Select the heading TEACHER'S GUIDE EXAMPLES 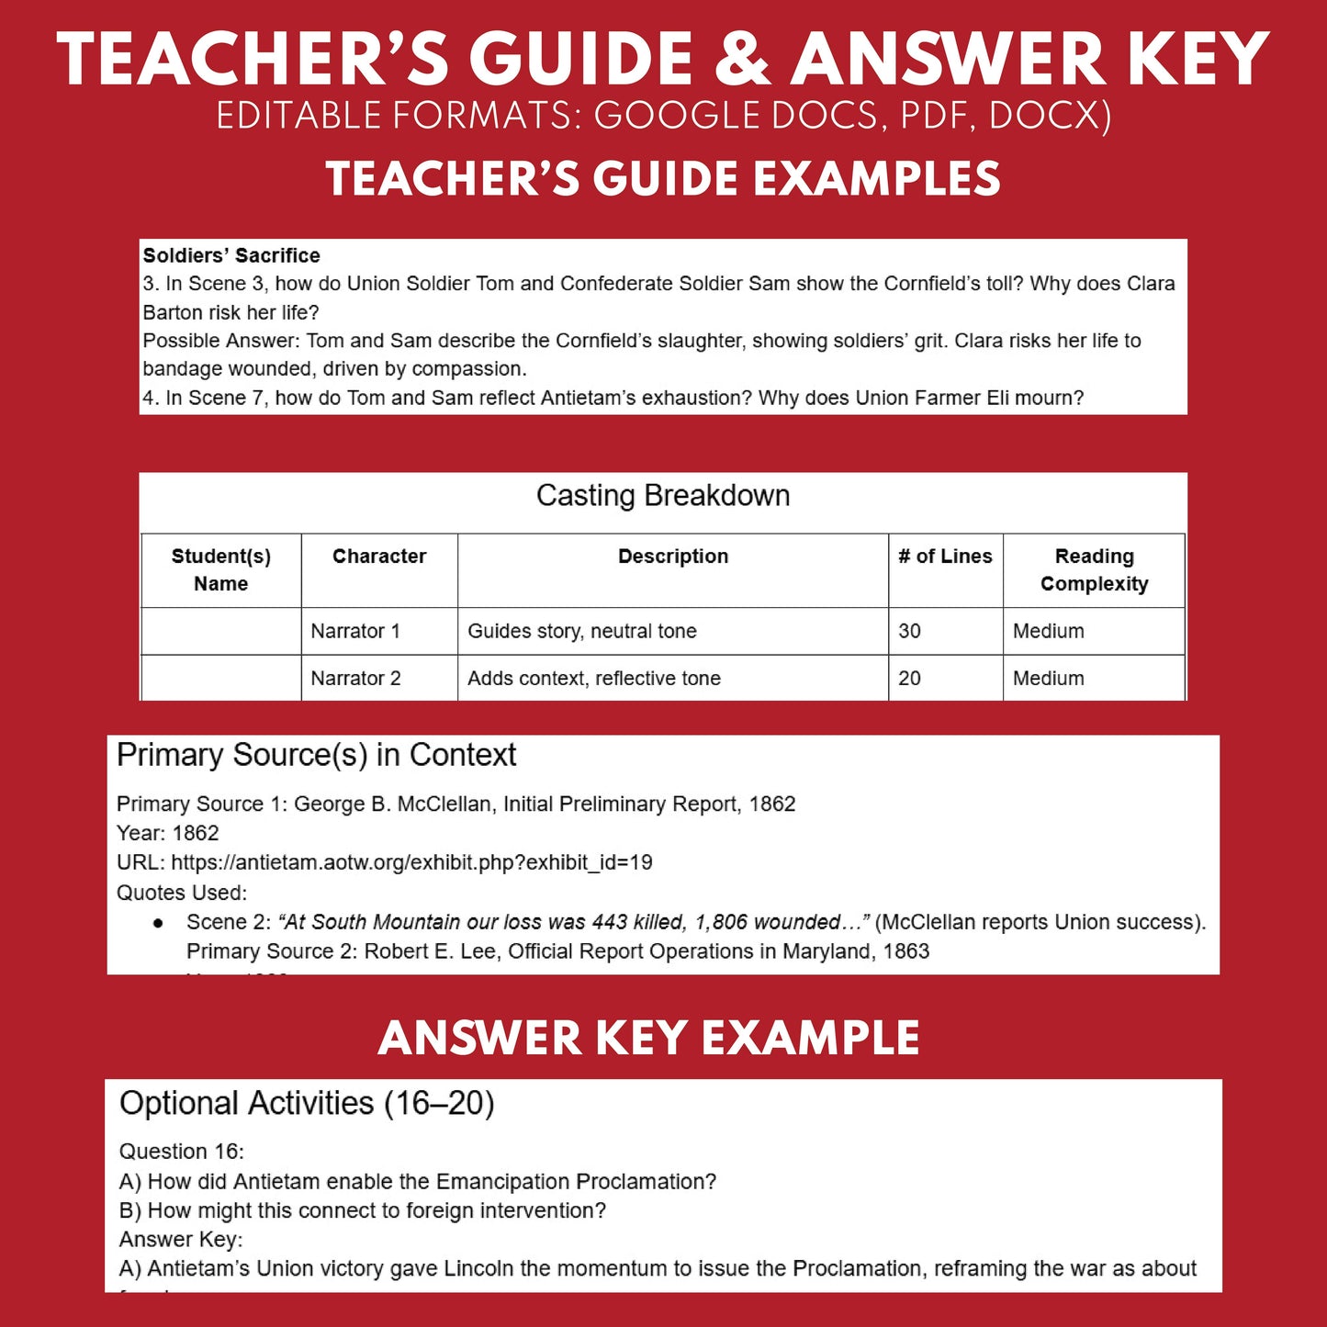click(663, 178)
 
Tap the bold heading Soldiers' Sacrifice click(231, 255)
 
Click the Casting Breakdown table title click(663, 496)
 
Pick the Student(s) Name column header click(221, 570)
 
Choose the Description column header click(673, 557)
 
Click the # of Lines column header click(945, 557)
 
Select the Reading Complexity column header click(1094, 570)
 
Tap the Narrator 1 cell click(355, 632)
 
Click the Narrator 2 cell click(355, 679)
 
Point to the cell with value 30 click(910, 632)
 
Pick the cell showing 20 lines click(910, 679)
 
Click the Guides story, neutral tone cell click(582, 632)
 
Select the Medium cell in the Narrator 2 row click(1049, 679)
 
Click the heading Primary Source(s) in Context click(317, 755)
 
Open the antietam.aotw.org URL click(411, 862)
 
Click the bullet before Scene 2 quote click(159, 923)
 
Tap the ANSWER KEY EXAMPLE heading click(648, 1039)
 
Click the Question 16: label click(182, 1152)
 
